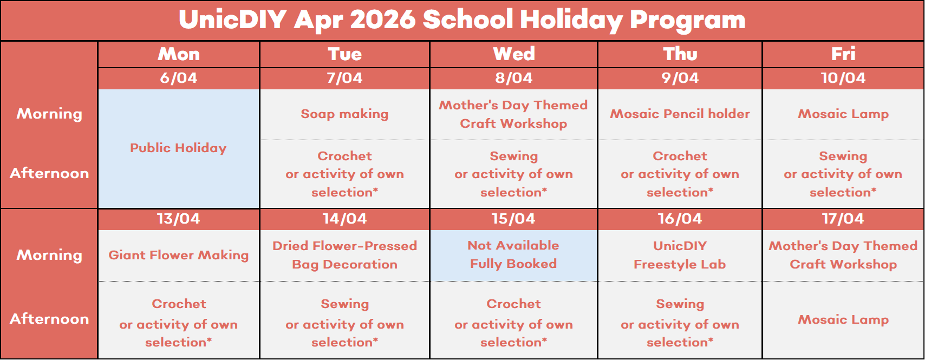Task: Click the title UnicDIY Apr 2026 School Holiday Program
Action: click(x=462, y=19)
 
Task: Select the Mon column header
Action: click(x=179, y=54)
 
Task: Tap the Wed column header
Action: click(x=514, y=54)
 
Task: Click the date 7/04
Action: click(x=344, y=78)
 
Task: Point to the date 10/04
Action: click(x=843, y=78)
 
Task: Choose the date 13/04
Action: click(x=178, y=219)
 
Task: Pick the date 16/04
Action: click(x=680, y=219)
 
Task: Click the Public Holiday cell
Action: click(x=178, y=148)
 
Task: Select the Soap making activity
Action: click(x=344, y=114)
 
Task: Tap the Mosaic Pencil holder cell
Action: click(x=680, y=114)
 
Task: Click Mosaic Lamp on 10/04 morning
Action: click(x=843, y=114)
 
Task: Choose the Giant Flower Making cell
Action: click(x=178, y=255)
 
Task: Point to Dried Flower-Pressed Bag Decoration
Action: click(x=344, y=255)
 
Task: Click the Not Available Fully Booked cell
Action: click(x=513, y=255)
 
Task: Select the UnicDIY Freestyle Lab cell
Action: click(x=680, y=255)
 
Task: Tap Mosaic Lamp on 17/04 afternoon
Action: click(x=843, y=319)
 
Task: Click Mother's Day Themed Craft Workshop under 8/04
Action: click(x=513, y=114)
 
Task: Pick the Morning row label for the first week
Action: click(x=50, y=114)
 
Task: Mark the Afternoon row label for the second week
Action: click(x=50, y=319)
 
